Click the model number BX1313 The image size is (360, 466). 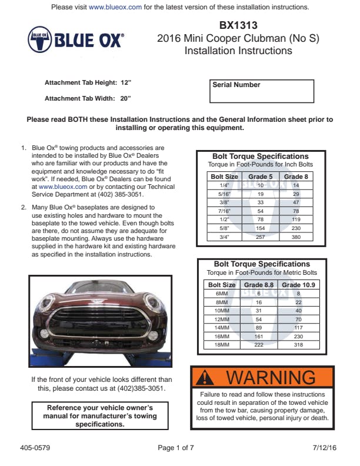pyautogui.click(x=238, y=25)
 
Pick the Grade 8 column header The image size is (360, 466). pyautogui.click(x=296, y=177)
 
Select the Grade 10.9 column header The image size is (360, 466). pyautogui.click(x=299, y=285)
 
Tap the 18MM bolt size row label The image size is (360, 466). pyautogui.click(x=222, y=345)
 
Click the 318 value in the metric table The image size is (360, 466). pyautogui.click(x=298, y=345)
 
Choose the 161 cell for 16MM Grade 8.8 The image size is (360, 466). pyautogui.click(x=259, y=337)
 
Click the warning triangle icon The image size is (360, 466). pyautogui.click(x=204, y=377)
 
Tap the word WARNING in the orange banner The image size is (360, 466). pyautogui.click(x=271, y=377)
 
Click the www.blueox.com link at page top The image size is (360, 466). pyautogui.click(x=115, y=7)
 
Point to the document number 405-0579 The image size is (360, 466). pyautogui.click(x=34, y=448)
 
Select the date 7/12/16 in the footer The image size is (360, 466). pyautogui.click(x=325, y=448)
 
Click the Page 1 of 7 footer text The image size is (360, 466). pyautogui.click(x=176, y=448)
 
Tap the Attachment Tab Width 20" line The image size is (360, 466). pyautogui.click(x=88, y=98)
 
